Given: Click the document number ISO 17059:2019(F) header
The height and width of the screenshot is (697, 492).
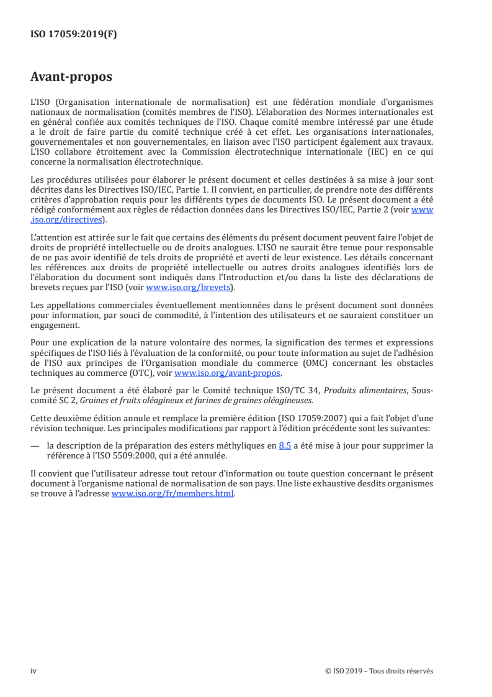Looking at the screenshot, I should click(x=73, y=34).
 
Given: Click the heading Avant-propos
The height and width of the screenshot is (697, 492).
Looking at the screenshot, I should click(x=71, y=78).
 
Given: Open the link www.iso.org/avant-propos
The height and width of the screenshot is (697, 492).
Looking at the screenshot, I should click(x=228, y=373).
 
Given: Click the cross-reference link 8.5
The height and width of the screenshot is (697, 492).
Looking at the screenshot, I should click(x=285, y=445).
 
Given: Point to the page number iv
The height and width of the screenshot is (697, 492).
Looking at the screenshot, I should click(x=34, y=671).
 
